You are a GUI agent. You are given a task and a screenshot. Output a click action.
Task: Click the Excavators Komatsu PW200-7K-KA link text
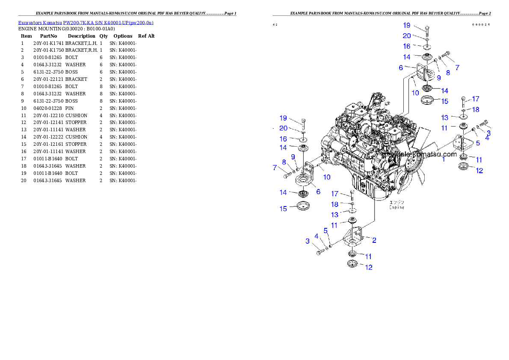pyautogui.click(x=86, y=23)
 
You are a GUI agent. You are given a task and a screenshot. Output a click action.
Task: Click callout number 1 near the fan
pyautogui.click(x=444, y=159)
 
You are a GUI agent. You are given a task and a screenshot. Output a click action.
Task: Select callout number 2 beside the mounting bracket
pyautogui.click(x=374, y=240)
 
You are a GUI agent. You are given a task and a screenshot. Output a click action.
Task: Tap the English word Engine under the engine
pyautogui.click(x=397, y=207)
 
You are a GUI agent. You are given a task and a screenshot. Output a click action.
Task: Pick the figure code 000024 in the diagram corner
pyautogui.click(x=481, y=25)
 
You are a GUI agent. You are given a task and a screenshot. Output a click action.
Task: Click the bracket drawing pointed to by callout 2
pyautogui.click(x=353, y=237)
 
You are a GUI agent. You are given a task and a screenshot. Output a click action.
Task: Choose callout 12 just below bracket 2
pyautogui.click(x=368, y=267)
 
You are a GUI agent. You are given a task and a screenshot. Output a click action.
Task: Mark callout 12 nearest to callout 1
pyautogui.click(x=479, y=170)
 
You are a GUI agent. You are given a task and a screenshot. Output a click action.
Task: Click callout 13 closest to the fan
pyautogui.click(x=445, y=117)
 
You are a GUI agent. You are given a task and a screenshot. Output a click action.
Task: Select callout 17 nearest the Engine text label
pyautogui.click(x=334, y=194)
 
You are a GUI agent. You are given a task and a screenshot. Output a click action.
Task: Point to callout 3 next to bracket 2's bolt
pyautogui.click(x=307, y=241)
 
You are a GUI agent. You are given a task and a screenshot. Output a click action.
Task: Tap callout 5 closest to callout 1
pyautogui.click(x=478, y=143)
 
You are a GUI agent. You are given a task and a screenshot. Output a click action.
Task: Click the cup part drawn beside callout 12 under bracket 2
pyautogui.click(x=352, y=264)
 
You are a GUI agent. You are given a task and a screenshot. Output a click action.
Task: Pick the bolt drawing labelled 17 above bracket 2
pyautogui.click(x=352, y=196)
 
